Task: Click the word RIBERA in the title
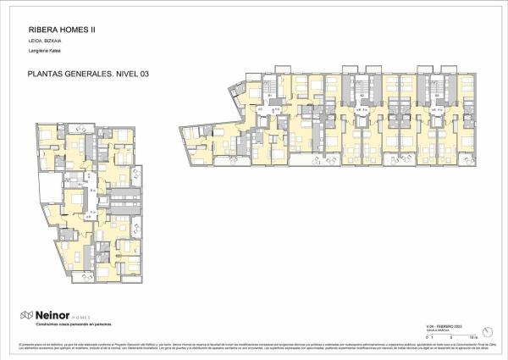click(31, 26)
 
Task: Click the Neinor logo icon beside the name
click(26, 315)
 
